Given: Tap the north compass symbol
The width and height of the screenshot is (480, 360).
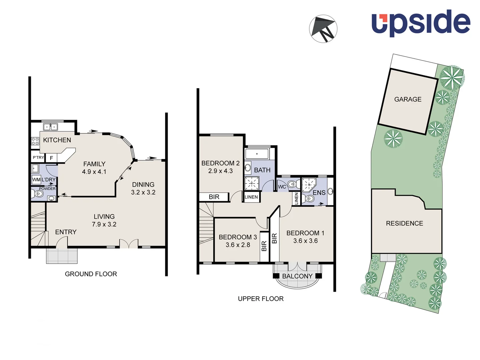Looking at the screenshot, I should [323, 29].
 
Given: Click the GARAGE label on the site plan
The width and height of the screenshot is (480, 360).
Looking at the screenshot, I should [408, 99].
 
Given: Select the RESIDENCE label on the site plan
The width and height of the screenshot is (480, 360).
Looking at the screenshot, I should [404, 223].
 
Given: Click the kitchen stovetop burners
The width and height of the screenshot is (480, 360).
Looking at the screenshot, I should [35, 141].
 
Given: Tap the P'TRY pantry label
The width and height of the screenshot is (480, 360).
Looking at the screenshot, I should [38, 157].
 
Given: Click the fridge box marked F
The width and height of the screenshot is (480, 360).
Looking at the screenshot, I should [51, 158].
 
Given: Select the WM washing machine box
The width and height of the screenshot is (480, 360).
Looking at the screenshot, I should [36, 180].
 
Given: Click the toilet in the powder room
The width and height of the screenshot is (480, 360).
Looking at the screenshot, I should [38, 194].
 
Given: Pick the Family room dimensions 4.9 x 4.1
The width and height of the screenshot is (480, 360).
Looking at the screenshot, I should [94, 172].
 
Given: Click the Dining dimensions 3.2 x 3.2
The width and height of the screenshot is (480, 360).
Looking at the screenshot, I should [143, 192].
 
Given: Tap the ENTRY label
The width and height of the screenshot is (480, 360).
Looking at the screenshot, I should [66, 232].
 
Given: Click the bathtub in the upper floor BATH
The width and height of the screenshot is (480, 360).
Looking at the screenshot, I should [257, 154].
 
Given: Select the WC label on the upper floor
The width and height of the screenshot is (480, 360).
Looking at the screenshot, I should [282, 187].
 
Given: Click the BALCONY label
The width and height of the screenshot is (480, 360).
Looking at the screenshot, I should [297, 276].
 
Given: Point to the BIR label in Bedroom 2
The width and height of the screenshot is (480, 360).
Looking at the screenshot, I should [214, 197].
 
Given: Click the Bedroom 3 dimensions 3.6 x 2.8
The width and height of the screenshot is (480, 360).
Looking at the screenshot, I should [238, 245].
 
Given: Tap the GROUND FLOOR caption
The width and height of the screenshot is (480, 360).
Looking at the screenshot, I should [91, 274].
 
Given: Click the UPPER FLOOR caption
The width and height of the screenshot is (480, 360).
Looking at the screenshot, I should [261, 299].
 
